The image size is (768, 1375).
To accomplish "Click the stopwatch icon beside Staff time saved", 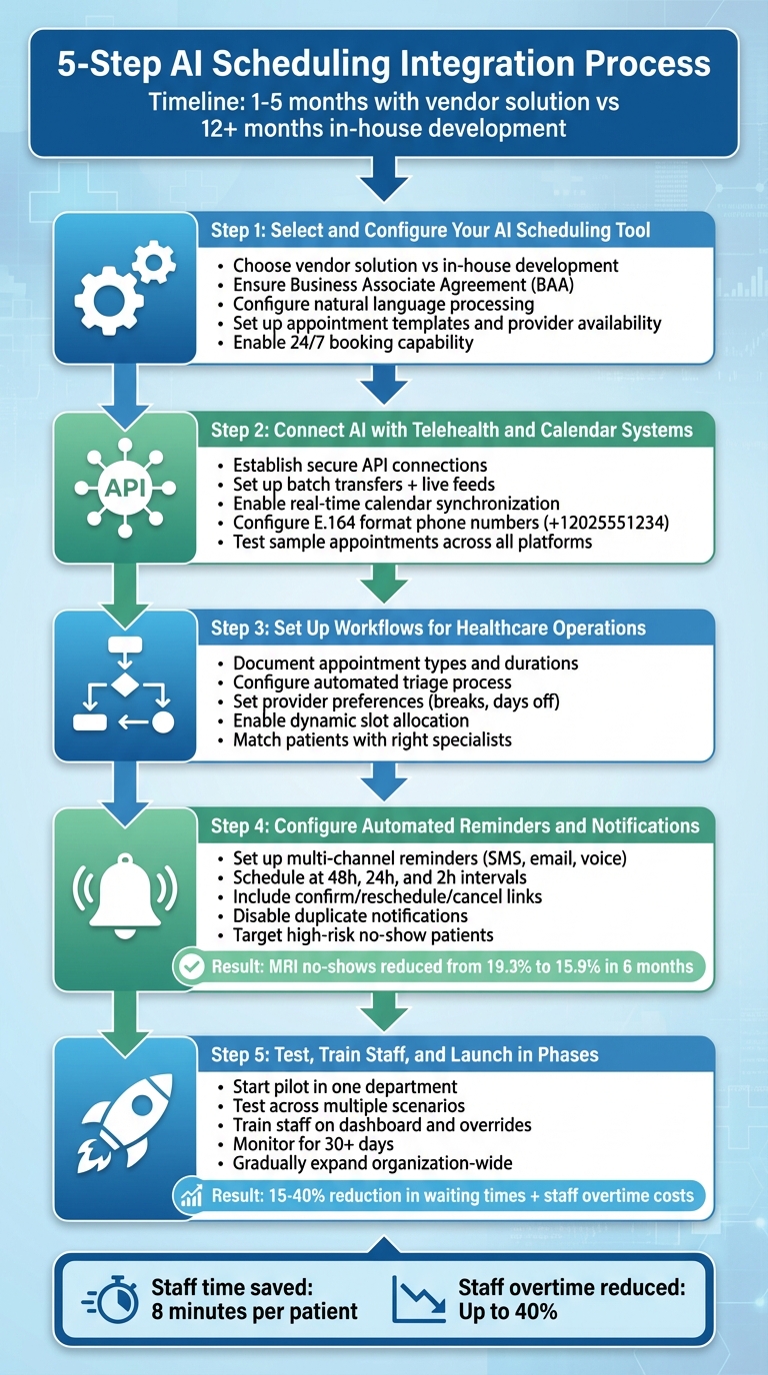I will pyautogui.click(x=112, y=1298).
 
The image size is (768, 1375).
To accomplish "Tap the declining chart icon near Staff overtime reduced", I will pyautogui.click(x=417, y=1298).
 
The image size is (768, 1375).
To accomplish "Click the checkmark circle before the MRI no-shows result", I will pyautogui.click(x=188, y=966).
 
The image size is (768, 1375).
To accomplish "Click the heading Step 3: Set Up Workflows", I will pyautogui.click(x=428, y=629).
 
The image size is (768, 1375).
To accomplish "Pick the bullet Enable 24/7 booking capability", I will pyautogui.click(x=353, y=343).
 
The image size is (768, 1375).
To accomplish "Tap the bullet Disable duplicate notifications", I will pyautogui.click(x=350, y=915).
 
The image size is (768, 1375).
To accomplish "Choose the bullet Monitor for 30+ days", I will pyautogui.click(x=313, y=1143).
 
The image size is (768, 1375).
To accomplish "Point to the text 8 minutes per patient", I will pyautogui.click(x=254, y=1311).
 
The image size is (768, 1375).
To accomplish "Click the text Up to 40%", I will pyautogui.click(x=507, y=1311).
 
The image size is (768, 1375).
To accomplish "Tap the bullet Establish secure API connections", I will pyautogui.click(x=360, y=465).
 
